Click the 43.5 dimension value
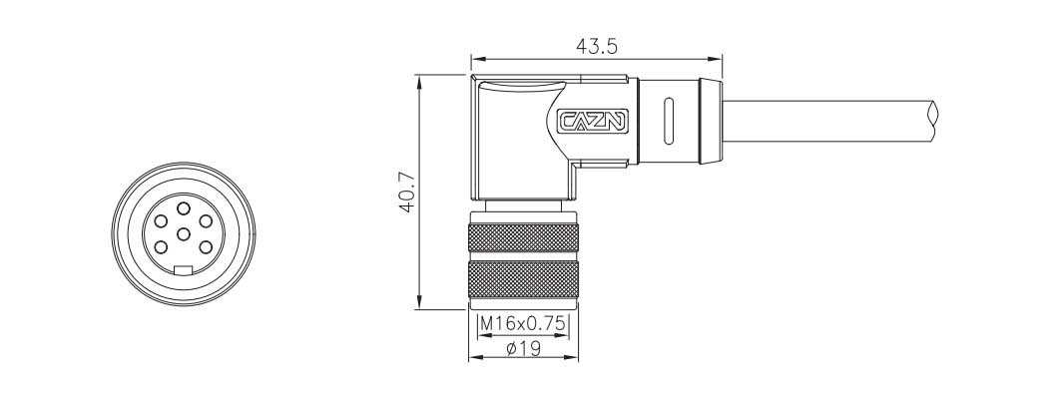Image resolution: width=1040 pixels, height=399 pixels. [595, 46]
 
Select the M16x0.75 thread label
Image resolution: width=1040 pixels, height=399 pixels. [524, 324]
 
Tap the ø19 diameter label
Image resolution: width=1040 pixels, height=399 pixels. [524, 348]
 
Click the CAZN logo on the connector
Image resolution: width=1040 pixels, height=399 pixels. [591, 122]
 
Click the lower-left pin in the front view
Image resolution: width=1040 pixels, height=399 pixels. [160, 247]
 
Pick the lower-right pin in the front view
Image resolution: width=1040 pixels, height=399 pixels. [206, 247]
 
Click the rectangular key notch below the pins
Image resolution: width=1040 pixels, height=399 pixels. [183, 270]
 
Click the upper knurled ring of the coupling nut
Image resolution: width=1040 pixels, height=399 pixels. [524, 238]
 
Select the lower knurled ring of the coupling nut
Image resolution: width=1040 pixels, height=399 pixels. [524, 280]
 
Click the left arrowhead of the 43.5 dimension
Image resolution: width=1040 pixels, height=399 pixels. [476, 58]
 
